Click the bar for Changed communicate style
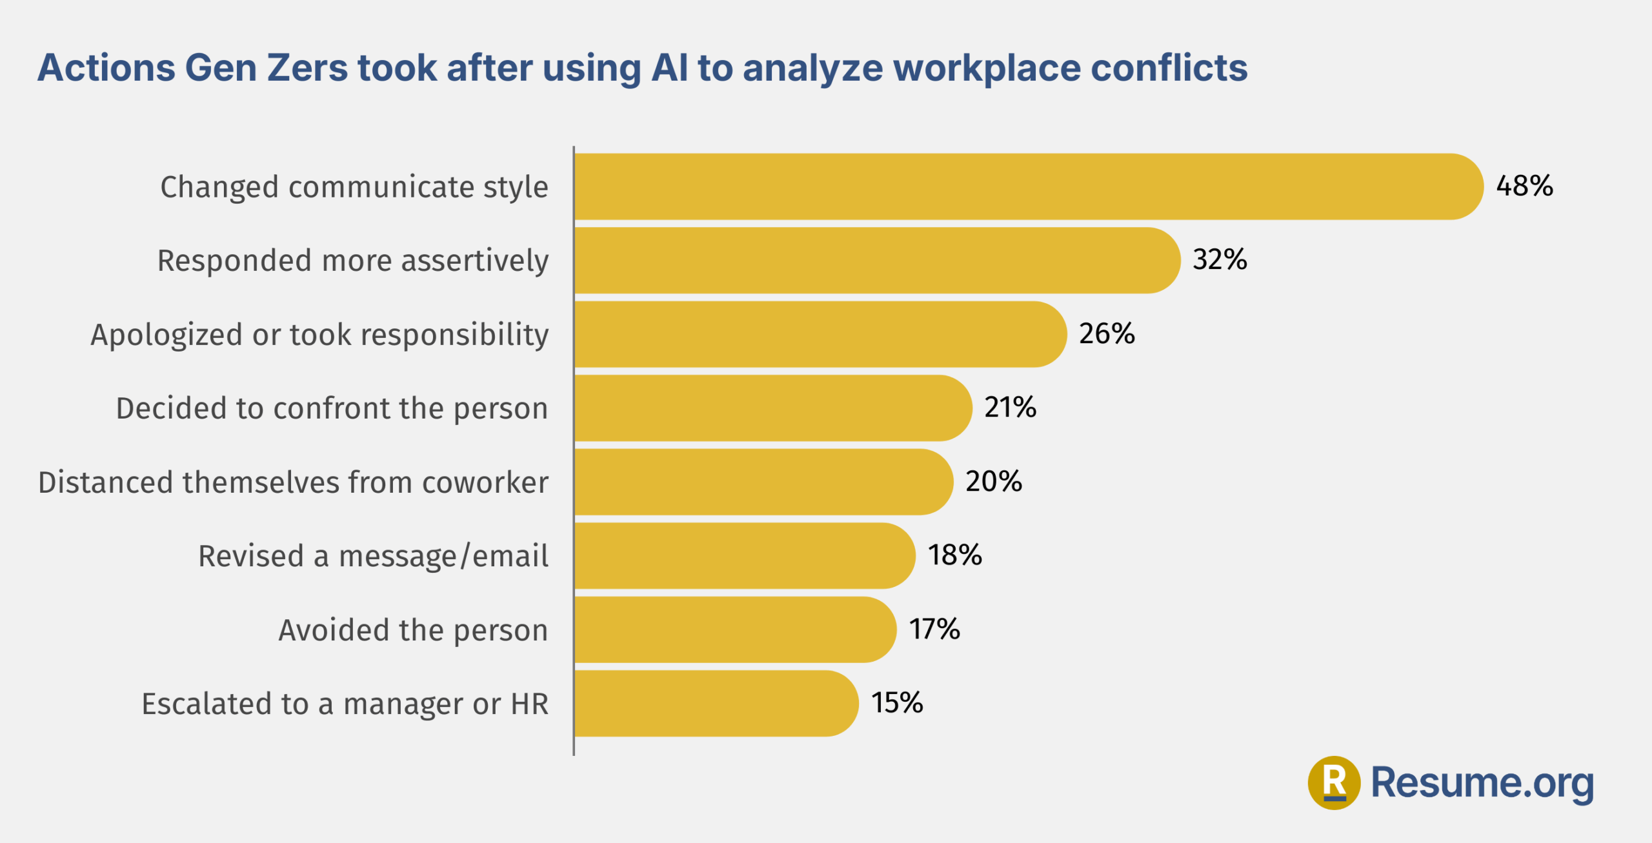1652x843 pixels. [x=1029, y=186]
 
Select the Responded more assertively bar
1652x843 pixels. [x=878, y=261]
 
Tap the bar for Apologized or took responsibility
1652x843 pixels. [x=821, y=334]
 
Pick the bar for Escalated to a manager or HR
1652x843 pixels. [x=716, y=704]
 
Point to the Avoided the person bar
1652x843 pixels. [x=736, y=630]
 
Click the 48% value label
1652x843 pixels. [x=1524, y=186]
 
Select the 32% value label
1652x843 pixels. [x=1220, y=259]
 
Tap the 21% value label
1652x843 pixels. [x=1010, y=407]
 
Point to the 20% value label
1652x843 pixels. [x=994, y=481]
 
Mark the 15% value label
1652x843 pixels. [x=897, y=702]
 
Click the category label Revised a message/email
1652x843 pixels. [x=373, y=556]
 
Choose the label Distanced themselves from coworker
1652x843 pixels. [x=294, y=482]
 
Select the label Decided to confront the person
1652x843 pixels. [x=332, y=409]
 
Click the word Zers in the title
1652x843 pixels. [x=307, y=68]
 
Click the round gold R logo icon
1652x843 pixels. [x=1334, y=782]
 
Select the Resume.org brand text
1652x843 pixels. [x=1482, y=783]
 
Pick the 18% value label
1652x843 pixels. [x=954, y=555]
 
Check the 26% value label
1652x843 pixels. [x=1107, y=333]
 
